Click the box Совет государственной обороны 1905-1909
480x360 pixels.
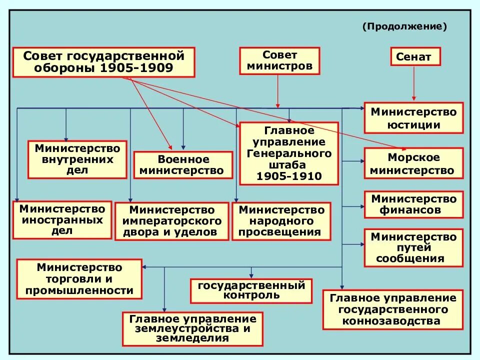coord(103,62)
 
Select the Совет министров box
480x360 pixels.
coord(279,60)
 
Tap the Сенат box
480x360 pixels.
coord(415,56)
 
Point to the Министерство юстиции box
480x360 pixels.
coord(413,118)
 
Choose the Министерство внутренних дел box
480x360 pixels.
coord(77,159)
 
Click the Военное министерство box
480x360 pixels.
coord(183,165)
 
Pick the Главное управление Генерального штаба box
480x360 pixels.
coord(289,153)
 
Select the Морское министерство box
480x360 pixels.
coord(413,163)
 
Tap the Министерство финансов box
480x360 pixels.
coord(413,204)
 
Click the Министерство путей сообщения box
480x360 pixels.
coord(413,247)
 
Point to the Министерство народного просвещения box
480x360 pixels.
coord(281,221)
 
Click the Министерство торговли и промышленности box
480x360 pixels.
coord(79,278)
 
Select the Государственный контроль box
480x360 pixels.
coord(251,290)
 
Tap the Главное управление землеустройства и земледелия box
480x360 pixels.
coord(193,328)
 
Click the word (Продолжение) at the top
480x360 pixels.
coord(404,26)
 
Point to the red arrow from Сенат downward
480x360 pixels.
coord(414,82)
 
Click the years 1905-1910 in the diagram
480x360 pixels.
coord(289,176)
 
